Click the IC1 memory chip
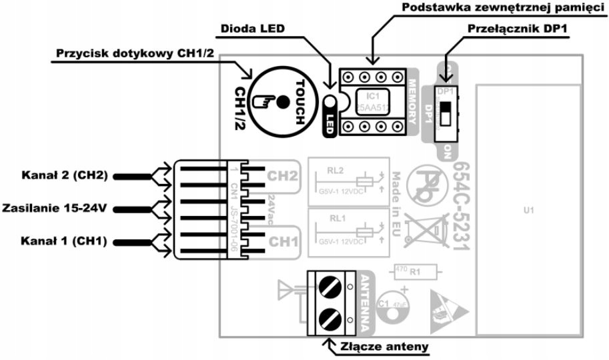pyautogui.click(x=374, y=101)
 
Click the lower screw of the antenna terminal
pyautogui.click(x=326, y=317)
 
